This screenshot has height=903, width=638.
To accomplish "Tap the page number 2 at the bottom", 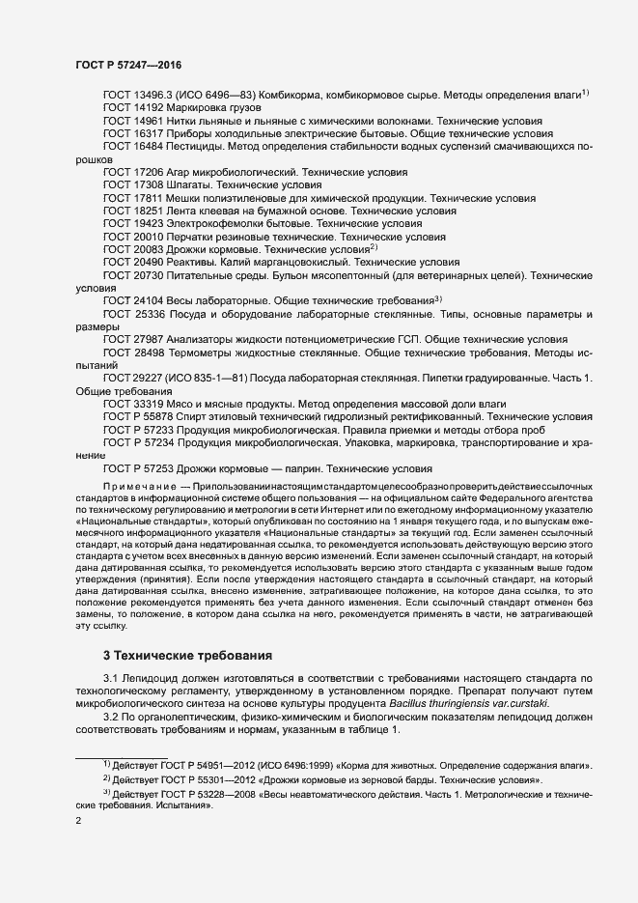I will tap(78, 821).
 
